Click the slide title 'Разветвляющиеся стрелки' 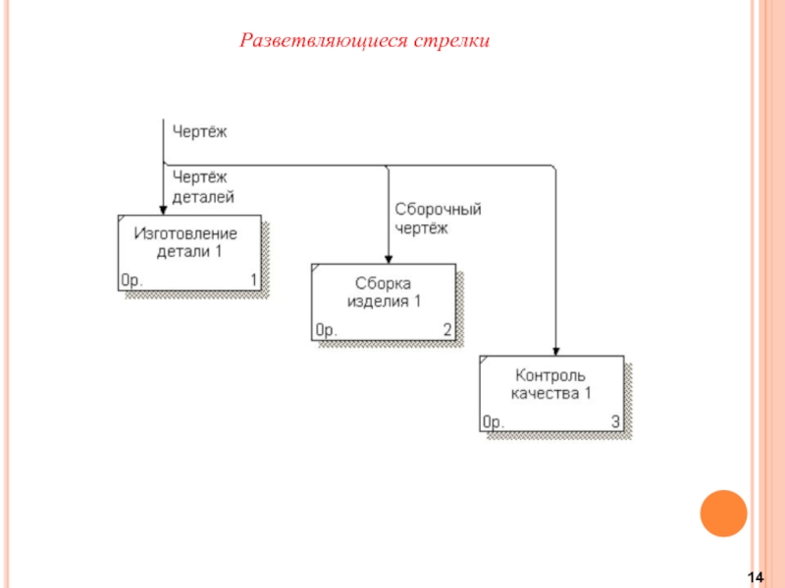click(x=365, y=41)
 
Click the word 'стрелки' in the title click(x=451, y=41)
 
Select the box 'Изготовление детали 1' click(x=190, y=252)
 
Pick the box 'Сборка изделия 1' click(x=384, y=301)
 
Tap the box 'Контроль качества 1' click(x=550, y=393)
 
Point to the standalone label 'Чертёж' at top click(x=199, y=129)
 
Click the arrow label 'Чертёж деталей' click(x=203, y=186)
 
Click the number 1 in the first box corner click(x=253, y=280)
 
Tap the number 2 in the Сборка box click(x=446, y=330)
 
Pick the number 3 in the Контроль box click(x=615, y=422)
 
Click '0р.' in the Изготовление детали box click(x=132, y=280)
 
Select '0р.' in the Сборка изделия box click(x=326, y=330)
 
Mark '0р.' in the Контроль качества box click(x=494, y=422)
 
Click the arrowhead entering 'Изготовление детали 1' click(x=163, y=208)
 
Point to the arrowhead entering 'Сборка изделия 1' click(x=389, y=257)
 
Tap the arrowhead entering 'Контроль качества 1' click(x=555, y=349)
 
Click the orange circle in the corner click(x=724, y=513)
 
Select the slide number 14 click(x=756, y=575)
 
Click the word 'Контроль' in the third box click(x=550, y=375)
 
